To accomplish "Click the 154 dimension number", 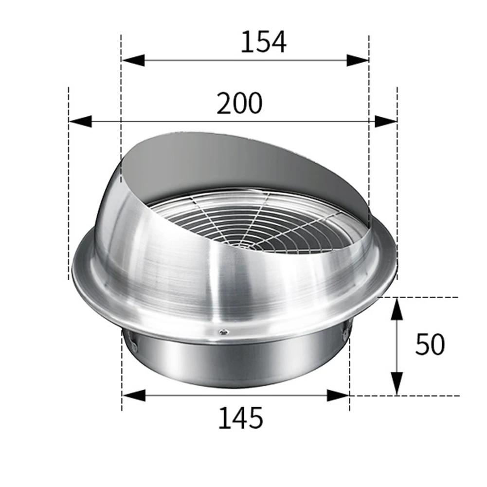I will [263, 42].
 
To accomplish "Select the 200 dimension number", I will [239, 103].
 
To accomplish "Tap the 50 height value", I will [430, 345].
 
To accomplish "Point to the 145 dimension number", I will [240, 418].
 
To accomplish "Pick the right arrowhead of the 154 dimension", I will [357, 60].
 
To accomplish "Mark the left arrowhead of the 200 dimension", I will [81, 122].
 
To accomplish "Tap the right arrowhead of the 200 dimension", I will [385, 122].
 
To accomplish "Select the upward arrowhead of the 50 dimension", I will [397, 309].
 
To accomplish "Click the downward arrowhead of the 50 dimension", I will [397, 383].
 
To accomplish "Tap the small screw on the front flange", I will [223, 332].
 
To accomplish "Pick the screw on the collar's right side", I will [345, 334].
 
